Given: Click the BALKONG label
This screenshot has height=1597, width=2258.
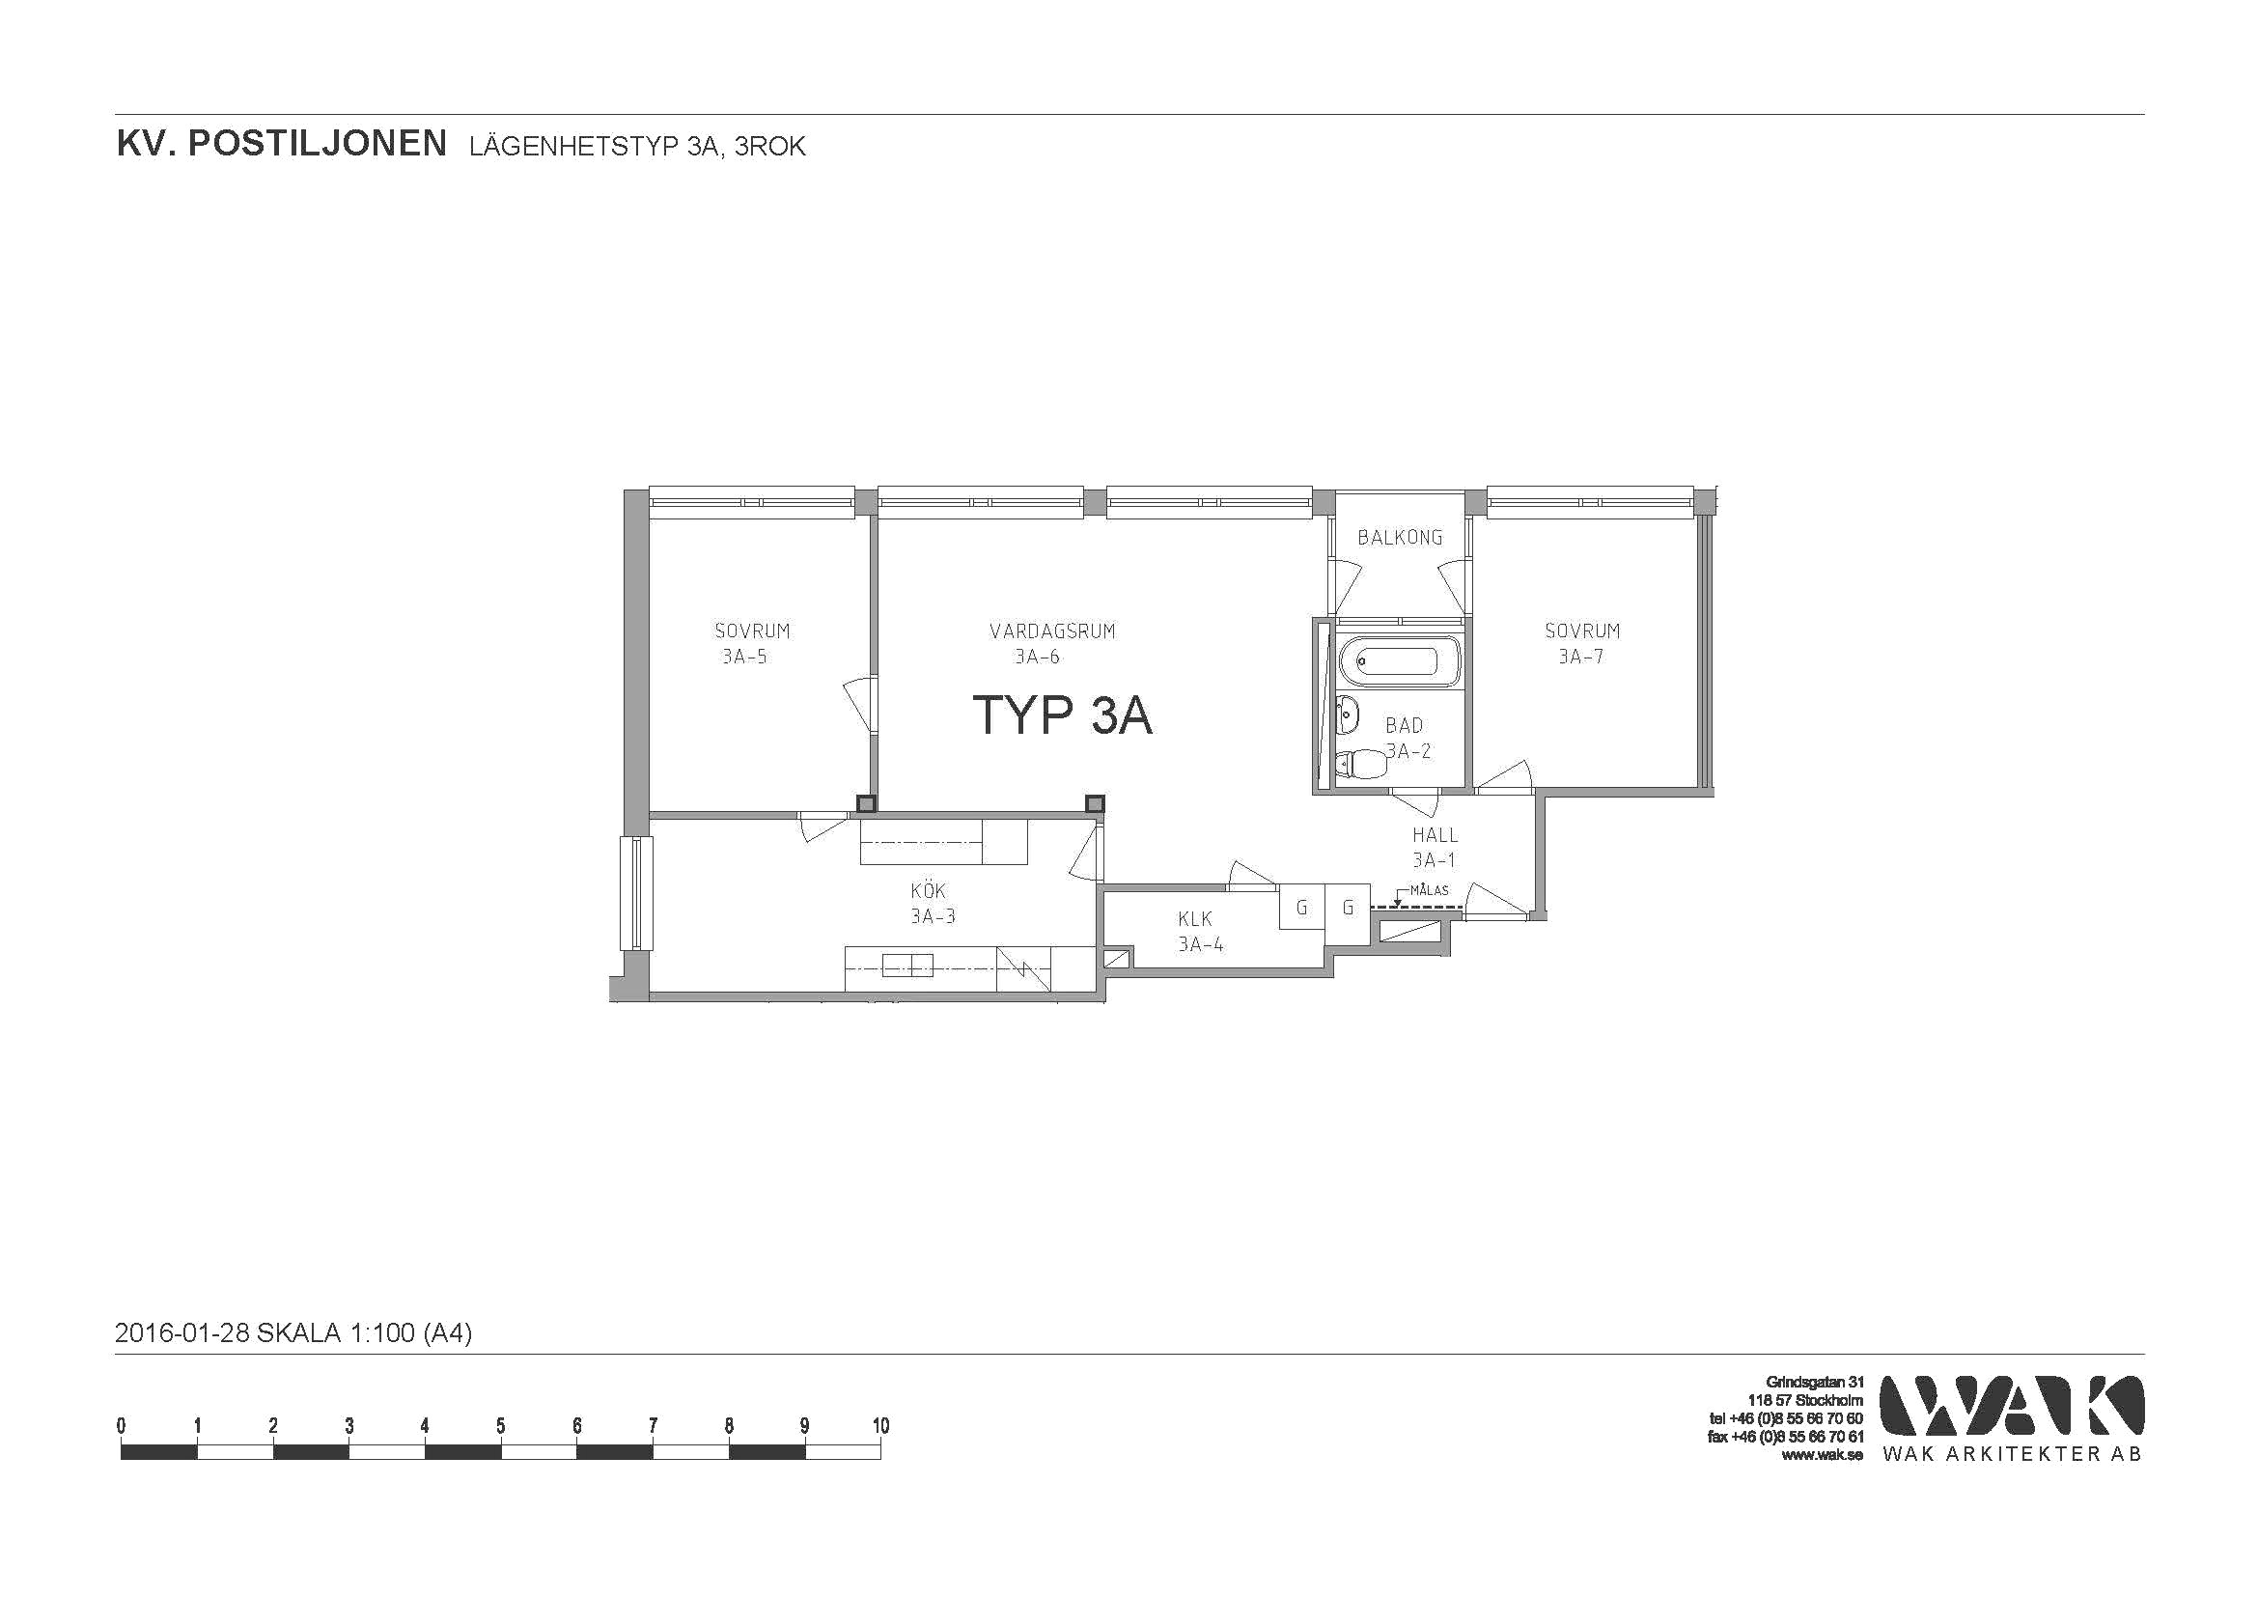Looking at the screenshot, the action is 1400,537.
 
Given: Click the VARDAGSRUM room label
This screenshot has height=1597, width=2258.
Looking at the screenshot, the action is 1052,631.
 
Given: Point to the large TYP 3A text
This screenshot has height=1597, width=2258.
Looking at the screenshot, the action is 1062,714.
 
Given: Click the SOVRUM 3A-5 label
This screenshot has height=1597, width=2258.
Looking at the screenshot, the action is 751,643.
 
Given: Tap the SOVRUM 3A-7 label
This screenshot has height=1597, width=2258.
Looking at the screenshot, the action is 1581,643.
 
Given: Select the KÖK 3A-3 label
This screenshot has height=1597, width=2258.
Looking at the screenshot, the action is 932,904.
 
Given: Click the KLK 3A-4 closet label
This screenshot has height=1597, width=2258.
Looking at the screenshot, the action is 1200,931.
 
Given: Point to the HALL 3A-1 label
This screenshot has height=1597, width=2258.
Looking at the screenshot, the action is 1435,847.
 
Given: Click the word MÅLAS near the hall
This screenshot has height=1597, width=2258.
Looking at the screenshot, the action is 1429,890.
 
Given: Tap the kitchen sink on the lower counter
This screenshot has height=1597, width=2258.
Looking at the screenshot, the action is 906,966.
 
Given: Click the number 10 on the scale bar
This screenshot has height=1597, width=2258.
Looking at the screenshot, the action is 880,1426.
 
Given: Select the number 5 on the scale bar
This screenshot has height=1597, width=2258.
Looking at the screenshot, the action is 501,1426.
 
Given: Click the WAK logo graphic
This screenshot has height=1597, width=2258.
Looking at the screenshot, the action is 2012,1405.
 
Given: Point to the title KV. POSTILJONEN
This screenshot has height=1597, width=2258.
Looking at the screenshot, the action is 281,145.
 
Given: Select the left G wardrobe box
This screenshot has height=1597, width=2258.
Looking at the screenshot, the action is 1302,907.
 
